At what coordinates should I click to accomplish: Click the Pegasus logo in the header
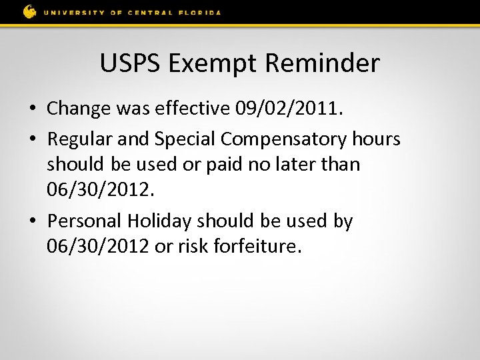pos(29,11)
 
